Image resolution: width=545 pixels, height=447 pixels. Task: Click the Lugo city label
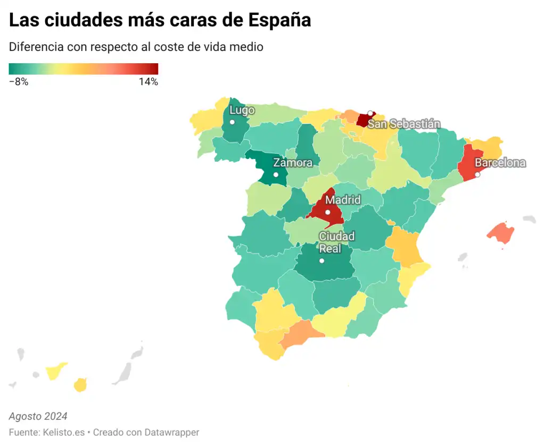pyautogui.click(x=242, y=111)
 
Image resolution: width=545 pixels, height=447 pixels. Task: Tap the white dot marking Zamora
pyautogui.click(x=276, y=175)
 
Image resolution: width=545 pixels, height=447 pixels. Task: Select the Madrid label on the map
pyautogui.click(x=343, y=200)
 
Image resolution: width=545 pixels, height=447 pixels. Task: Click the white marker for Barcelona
pyautogui.click(x=477, y=174)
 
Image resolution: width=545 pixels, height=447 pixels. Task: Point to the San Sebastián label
pyautogui.click(x=404, y=124)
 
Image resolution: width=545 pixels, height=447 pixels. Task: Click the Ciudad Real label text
pyautogui.click(x=336, y=242)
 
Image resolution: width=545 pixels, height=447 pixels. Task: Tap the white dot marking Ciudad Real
pyautogui.click(x=321, y=260)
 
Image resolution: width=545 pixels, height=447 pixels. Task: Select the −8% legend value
pyautogui.click(x=19, y=82)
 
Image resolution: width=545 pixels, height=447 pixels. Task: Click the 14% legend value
pyautogui.click(x=148, y=82)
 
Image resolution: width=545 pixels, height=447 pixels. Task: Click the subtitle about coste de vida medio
pyautogui.click(x=136, y=47)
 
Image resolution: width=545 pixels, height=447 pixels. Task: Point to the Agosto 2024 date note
pyautogui.click(x=38, y=416)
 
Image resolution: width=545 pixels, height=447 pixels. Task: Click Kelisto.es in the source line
pyautogui.click(x=63, y=432)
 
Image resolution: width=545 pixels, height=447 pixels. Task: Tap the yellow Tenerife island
pyautogui.click(x=55, y=371)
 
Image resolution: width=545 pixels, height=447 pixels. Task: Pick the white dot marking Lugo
pyautogui.click(x=232, y=122)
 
